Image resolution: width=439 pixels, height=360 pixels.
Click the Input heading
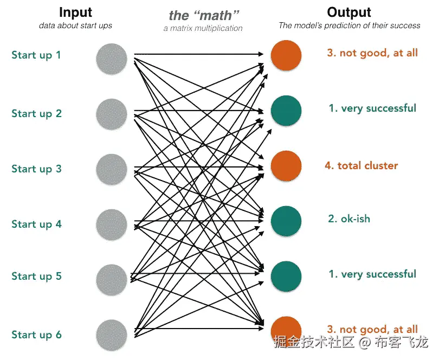pos(75,12)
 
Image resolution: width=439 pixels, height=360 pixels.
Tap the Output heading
pos(349,12)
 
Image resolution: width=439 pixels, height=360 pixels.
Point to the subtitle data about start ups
pos(75,25)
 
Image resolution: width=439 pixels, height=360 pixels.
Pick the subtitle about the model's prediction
pos(349,25)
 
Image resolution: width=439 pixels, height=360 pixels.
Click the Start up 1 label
pos(36,55)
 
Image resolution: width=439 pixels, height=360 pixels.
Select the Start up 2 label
pos(36,113)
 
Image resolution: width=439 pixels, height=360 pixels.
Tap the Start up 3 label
pos(36,169)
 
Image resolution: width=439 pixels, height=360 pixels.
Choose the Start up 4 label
pos(36,224)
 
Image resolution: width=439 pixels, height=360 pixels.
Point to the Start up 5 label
pos(36,276)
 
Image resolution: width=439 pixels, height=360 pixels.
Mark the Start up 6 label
pos(36,335)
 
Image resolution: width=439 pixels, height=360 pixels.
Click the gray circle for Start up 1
pos(112,59)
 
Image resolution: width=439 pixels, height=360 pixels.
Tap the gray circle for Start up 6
pos(112,335)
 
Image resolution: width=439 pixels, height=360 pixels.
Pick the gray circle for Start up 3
pos(112,169)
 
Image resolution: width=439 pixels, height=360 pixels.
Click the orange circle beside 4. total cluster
pos(286,166)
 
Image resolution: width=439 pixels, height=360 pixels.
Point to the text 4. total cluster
pos(361,165)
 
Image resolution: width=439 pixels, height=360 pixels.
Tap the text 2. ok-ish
pos(348,218)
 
